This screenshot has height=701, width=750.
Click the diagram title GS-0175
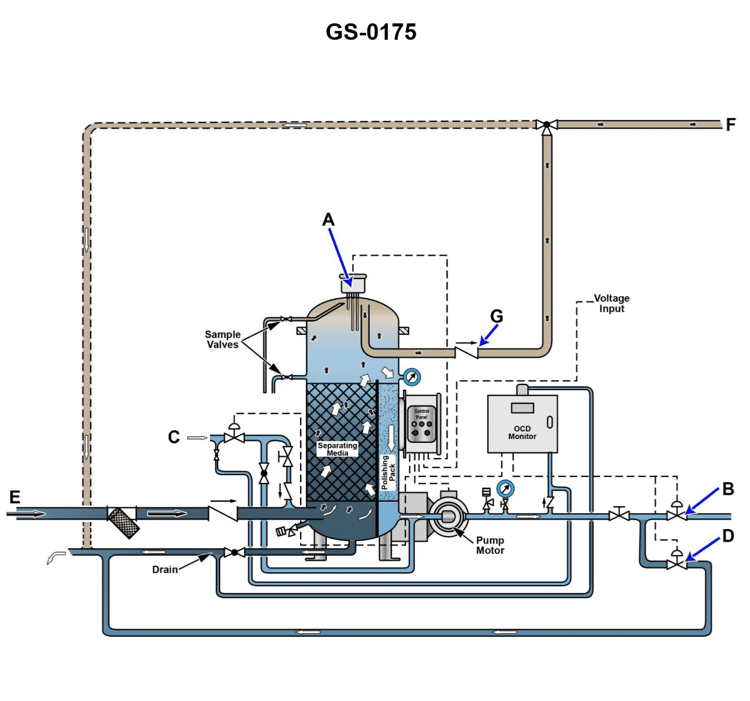pos(371,32)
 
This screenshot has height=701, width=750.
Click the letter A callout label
pos(328,219)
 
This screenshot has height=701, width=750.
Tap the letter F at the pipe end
pos(730,125)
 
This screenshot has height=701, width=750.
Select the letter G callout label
pos(496,316)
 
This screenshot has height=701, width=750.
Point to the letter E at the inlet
pos(15,497)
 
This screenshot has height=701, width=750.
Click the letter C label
pos(174,437)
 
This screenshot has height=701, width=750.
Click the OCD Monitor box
pos(522,423)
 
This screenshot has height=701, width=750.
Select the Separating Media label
pos(338,449)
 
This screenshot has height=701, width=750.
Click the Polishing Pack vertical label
pos(388,472)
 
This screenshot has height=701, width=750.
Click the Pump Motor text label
pos(490,546)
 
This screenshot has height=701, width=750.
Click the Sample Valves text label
pos(222,339)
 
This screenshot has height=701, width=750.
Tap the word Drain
pos(165,570)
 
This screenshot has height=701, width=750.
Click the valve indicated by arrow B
pos(676,515)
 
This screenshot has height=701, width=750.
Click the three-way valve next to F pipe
pos(546,124)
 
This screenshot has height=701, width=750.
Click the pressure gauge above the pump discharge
pos(506,488)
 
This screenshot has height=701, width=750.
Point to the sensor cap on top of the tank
pos(354,283)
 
